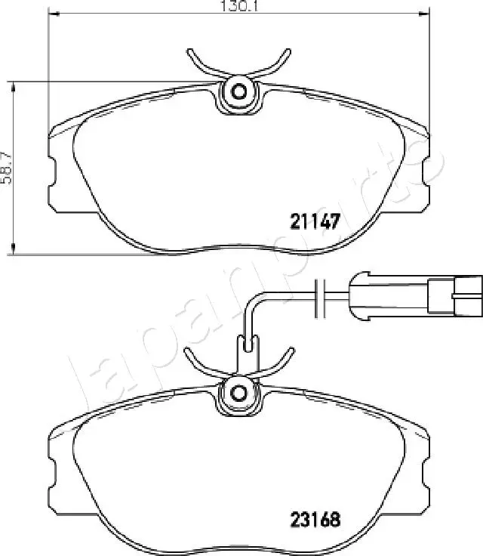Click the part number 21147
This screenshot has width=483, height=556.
(315, 221)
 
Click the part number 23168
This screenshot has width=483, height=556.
(315, 520)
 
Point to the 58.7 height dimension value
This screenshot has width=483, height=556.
(6, 168)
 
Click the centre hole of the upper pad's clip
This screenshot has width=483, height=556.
(238, 92)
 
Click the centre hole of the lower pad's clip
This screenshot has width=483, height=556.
(238, 393)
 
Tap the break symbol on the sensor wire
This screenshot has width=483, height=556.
(320, 298)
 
